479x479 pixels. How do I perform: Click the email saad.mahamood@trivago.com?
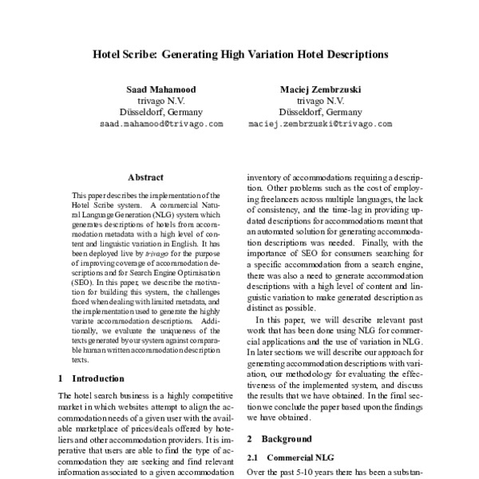click(x=160, y=125)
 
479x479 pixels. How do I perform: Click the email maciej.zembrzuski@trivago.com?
click(x=320, y=125)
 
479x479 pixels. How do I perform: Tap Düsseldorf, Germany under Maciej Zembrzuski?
click(x=320, y=113)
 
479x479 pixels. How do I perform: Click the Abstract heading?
click(x=145, y=177)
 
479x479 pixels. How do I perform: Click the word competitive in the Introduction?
click(x=210, y=396)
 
